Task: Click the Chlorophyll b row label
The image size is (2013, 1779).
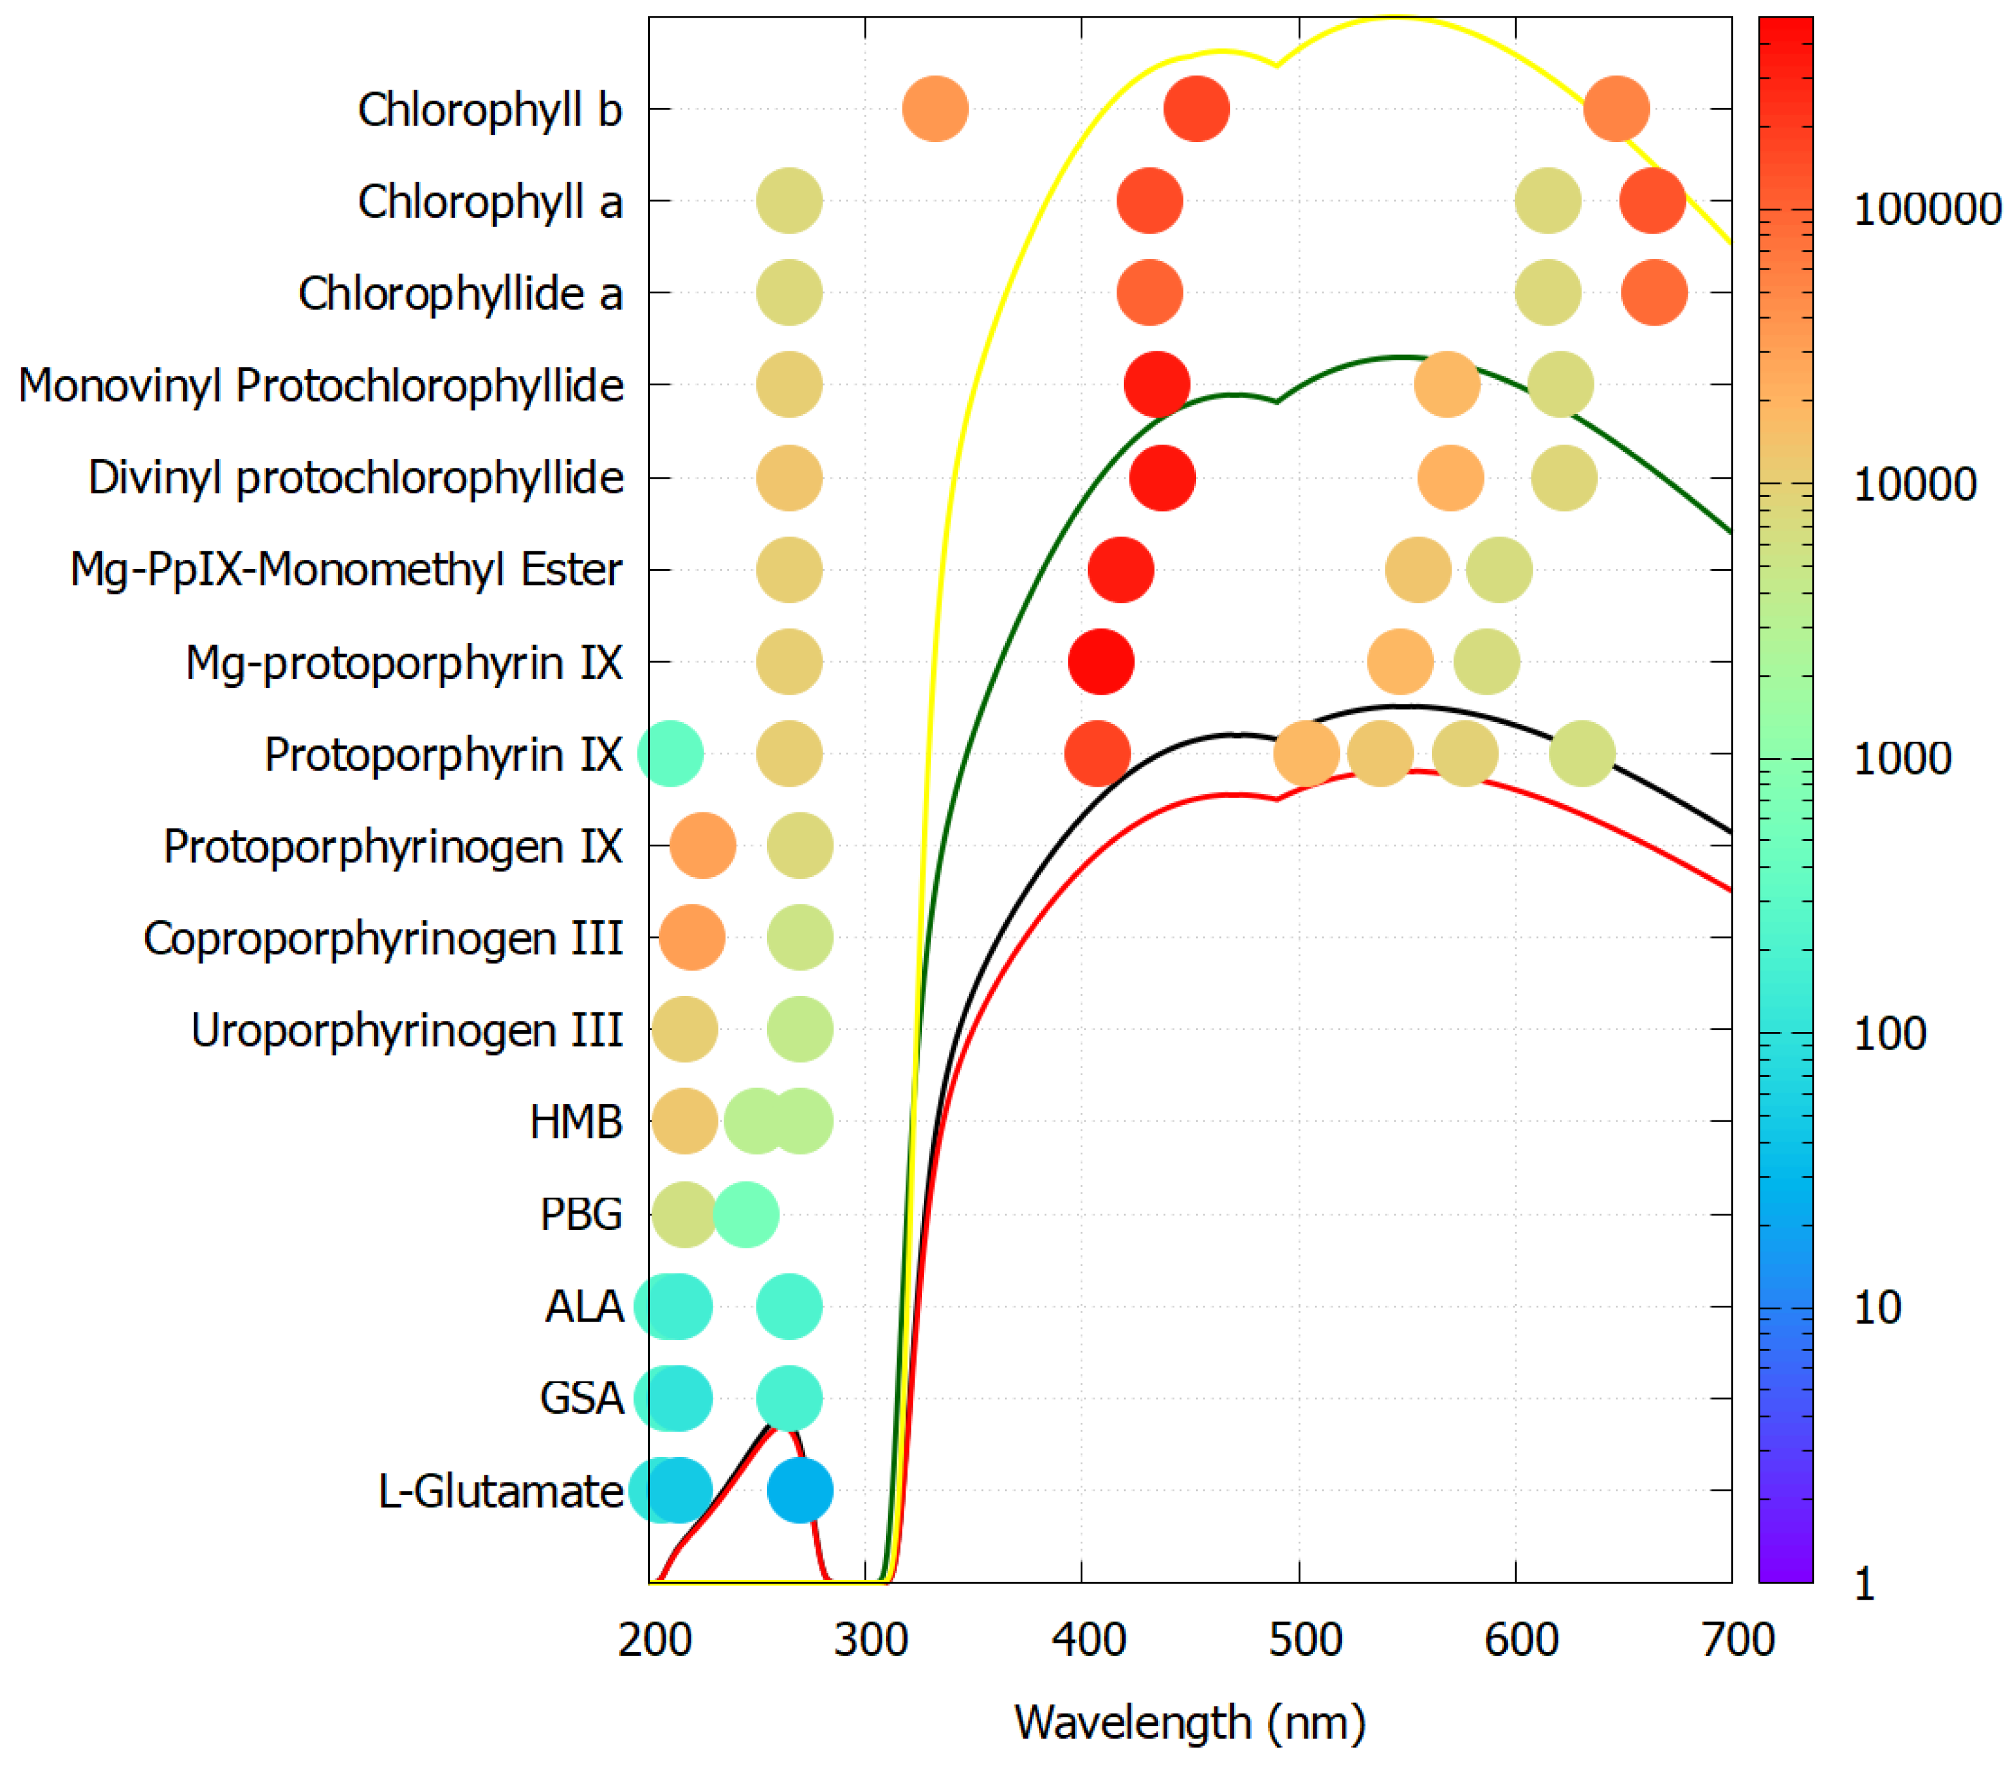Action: coord(489,109)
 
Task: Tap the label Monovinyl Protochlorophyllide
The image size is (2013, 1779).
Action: coord(320,385)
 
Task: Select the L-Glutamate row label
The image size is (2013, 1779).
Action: coord(500,1491)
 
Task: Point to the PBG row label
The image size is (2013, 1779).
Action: coord(581,1214)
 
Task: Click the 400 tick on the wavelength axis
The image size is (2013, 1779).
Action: coord(1088,1640)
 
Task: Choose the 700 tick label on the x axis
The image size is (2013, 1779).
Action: coord(1737,1640)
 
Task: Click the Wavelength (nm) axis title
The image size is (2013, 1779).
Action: coord(1190,1723)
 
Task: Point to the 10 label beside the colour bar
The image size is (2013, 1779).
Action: coord(1876,1308)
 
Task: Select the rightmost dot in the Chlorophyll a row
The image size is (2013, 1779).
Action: coord(1652,201)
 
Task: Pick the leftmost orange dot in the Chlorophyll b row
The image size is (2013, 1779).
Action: coord(935,109)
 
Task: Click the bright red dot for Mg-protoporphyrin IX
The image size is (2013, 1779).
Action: coord(1101,662)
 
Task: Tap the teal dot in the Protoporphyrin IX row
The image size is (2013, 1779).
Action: coord(671,754)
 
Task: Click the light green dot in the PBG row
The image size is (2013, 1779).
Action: coord(746,1214)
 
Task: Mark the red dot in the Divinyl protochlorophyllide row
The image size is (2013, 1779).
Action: coord(1162,479)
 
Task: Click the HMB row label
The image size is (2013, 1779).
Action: coord(576,1122)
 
